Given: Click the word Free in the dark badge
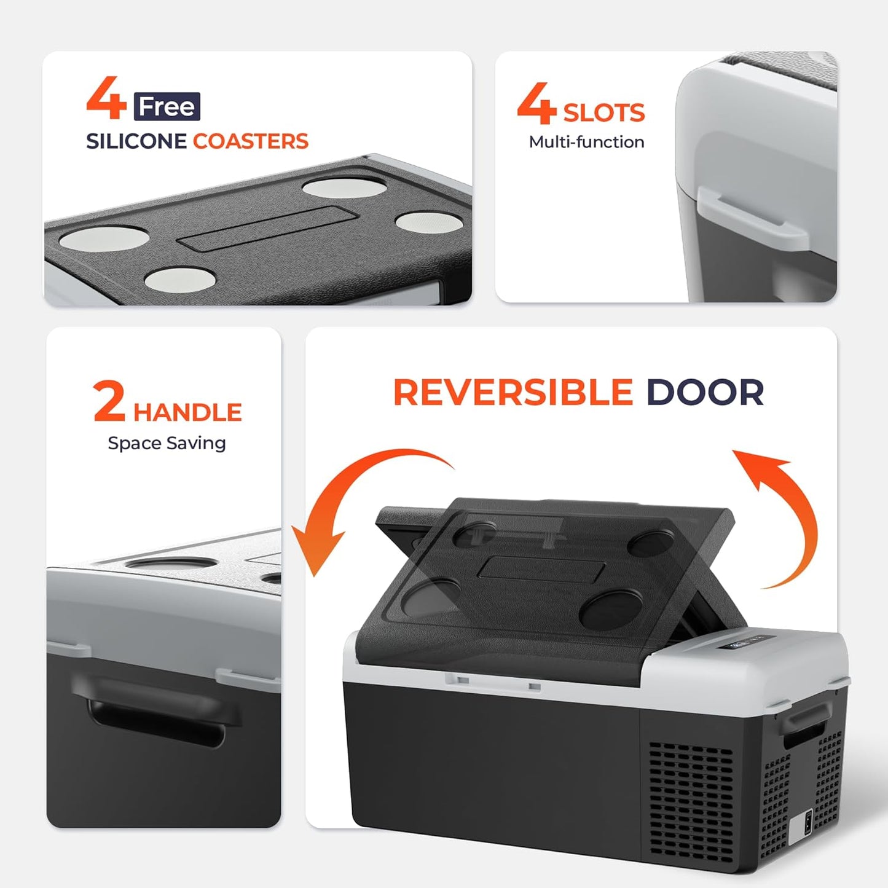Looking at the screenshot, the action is [167, 107].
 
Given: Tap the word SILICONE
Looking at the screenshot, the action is [136, 141].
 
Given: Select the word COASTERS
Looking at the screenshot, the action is [251, 141].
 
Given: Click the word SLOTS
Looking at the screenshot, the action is [603, 113].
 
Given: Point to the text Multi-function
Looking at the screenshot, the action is [586, 142].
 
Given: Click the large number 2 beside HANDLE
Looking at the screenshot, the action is [109, 401].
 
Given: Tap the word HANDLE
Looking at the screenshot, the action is [187, 412].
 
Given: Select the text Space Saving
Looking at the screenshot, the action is [167, 443].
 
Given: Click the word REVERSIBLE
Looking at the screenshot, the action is [513, 393].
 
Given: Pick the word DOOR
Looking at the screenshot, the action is [705, 393].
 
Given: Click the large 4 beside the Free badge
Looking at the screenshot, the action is [106, 98].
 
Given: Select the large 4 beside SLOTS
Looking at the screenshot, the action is [536, 103].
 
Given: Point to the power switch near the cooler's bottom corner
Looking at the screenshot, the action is [808, 822].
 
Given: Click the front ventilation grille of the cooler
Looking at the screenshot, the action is [691, 807].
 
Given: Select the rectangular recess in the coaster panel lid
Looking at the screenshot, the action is [267, 228].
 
